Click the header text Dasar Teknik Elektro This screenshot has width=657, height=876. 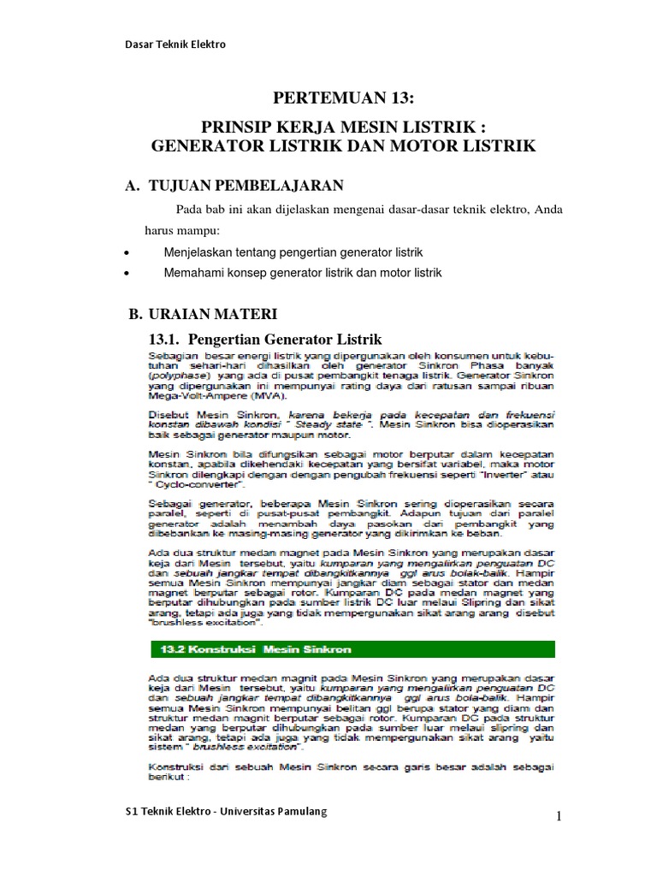[175, 44]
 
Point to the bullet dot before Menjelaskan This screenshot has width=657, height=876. [127, 253]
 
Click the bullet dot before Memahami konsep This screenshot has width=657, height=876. [127, 274]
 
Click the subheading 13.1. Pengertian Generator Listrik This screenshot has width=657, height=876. [265, 338]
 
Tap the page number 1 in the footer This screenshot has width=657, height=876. [559, 816]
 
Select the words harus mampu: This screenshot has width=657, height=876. [181, 231]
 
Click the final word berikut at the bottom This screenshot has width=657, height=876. [169, 779]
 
